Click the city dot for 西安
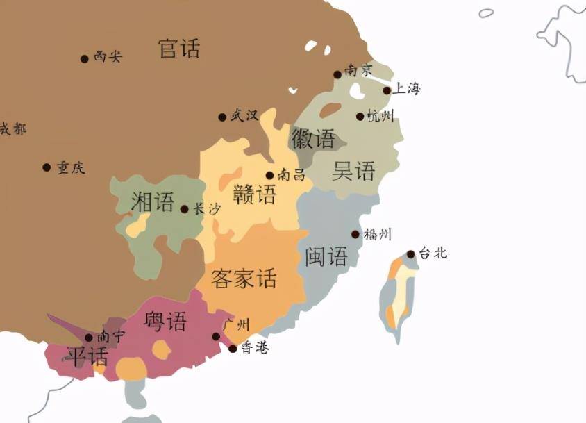pyautogui.click(x=85, y=59)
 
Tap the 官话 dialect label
pyautogui.click(x=179, y=49)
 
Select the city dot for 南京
pyautogui.click(x=337, y=74)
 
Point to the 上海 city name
pyautogui.click(x=407, y=89)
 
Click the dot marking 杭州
pyautogui.click(x=360, y=117)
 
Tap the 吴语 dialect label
pyautogui.click(x=353, y=171)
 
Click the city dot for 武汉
pyautogui.click(x=222, y=117)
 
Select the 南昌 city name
pyautogui.click(x=291, y=175)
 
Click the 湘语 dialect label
pyautogui.click(x=153, y=202)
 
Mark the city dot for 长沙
pyautogui.click(x=184, y=209)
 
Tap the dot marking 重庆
pyautogui.click(x=47, y=167)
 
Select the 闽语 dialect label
pyautogui.click(x=326, y=257)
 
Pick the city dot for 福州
pyautogui.click(x=355, y=235)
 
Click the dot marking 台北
pyautogui.click(x=411, y=254)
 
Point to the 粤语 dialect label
pyautogui.click(x=165, y=322)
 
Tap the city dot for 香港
pyautogui.click(x=233, y=349)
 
